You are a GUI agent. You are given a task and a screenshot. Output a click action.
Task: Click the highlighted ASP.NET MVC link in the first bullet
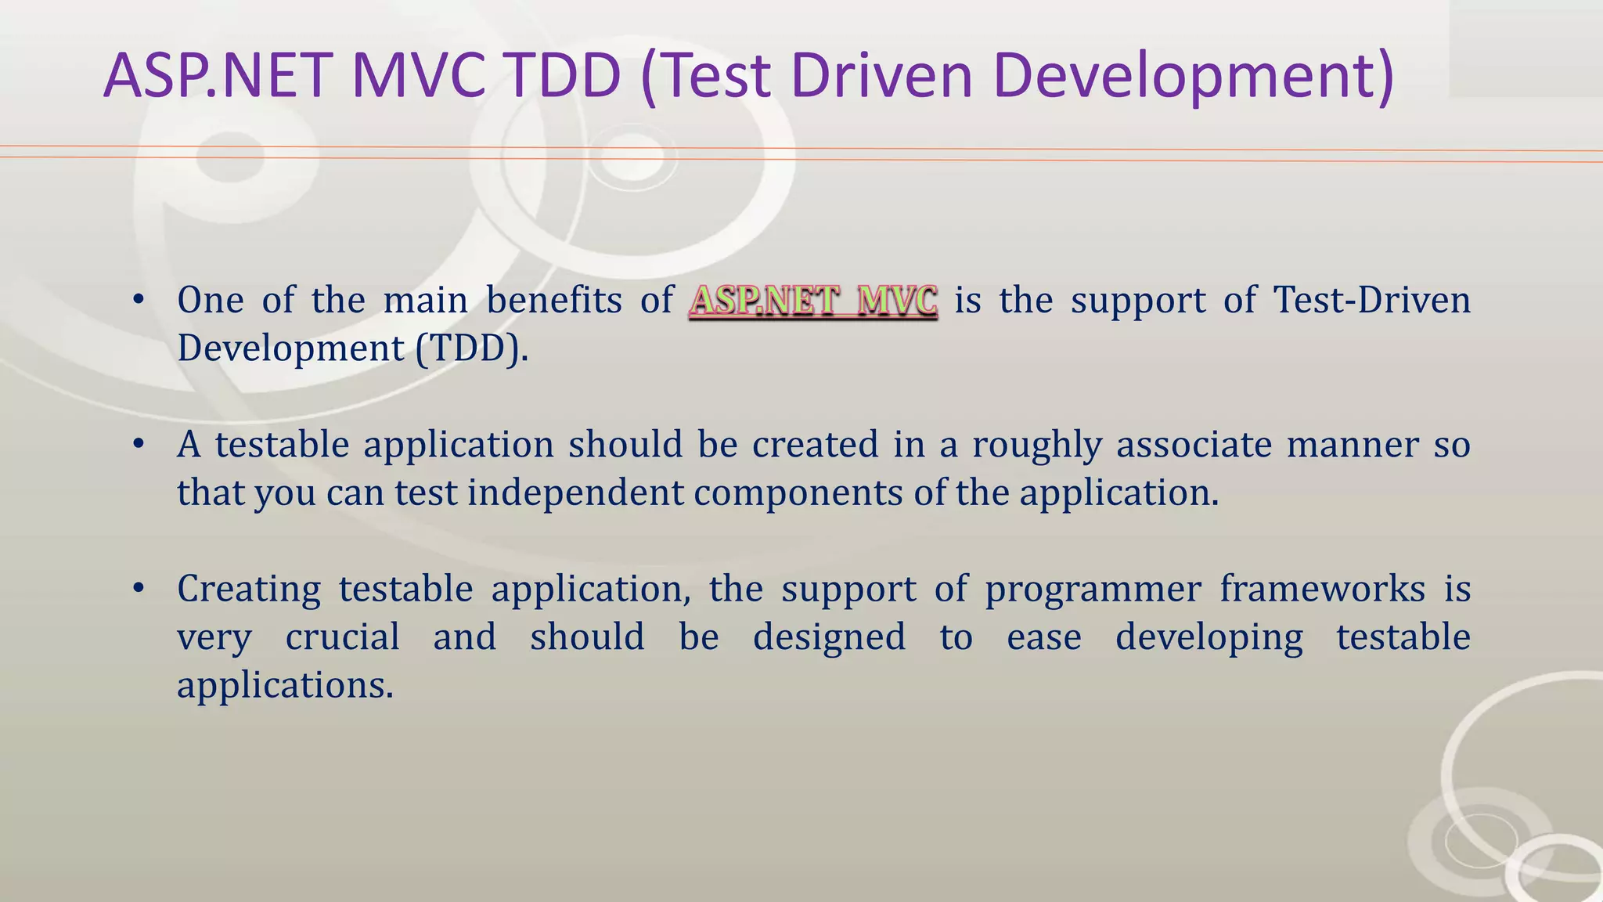[813, 301]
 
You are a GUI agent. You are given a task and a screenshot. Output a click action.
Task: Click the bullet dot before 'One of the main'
[139, 300]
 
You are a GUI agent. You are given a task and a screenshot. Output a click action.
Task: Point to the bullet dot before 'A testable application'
[139, 445]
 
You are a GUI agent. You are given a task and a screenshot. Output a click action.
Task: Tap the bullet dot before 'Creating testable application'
[139, 589]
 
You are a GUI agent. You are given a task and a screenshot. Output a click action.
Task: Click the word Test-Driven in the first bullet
[1372, 300]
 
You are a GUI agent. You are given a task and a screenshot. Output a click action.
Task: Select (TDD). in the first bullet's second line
[472, 348]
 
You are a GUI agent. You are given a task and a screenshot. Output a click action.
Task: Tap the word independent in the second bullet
[575, 493]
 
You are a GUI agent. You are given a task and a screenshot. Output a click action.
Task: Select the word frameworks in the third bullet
[1323, 589]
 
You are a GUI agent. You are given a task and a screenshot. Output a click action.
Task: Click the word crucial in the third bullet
[343, 637]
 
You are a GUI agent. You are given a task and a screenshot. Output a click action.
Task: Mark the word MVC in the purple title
[419, 76]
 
